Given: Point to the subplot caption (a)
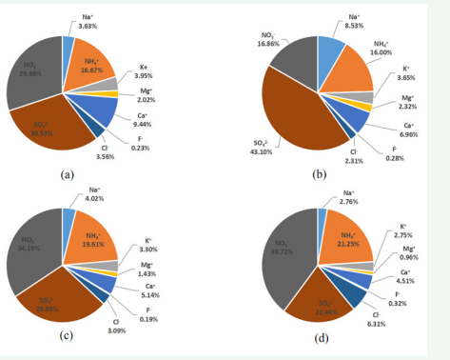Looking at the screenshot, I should (x=68, y=174).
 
